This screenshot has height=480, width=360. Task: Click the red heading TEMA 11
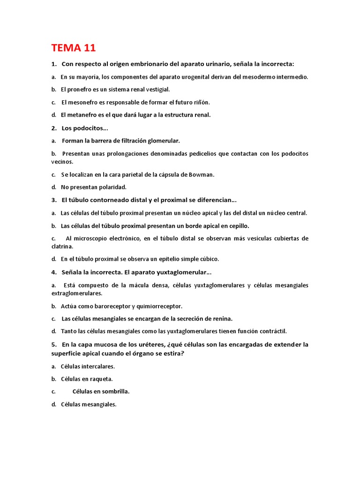[74, 48]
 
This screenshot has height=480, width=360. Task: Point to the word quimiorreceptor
[159, 306]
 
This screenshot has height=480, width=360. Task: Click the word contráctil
[272, 331]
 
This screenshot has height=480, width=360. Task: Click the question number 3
[54, 200]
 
